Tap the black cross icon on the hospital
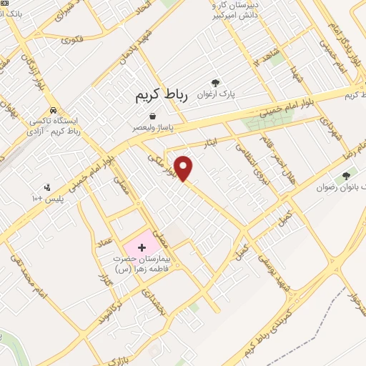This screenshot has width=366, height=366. point(140,247)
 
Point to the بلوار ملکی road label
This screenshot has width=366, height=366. point(161,164)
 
